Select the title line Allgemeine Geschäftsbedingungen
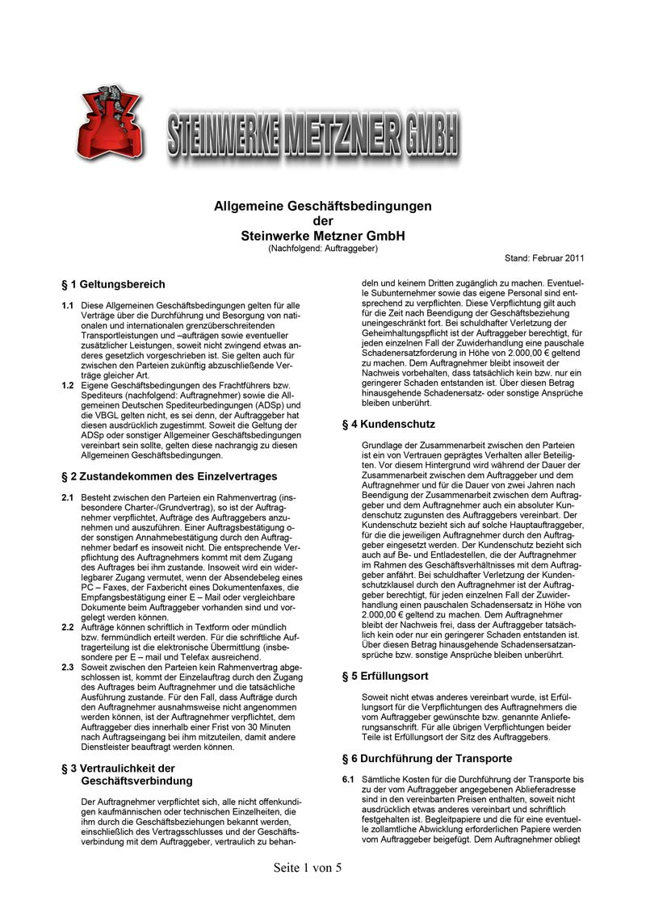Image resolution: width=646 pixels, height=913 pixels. [322, 207]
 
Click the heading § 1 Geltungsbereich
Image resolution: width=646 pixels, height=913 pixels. [113, 284]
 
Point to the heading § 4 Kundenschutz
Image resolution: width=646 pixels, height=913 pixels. [388, 424]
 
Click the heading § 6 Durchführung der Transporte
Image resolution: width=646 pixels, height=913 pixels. [427, 759]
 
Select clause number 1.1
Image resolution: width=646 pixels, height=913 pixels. [68, 306]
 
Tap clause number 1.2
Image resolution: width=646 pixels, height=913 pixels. [68, 385]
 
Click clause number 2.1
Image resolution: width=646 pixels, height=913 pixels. [68, 498]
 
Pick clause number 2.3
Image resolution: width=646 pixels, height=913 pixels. [68, 668]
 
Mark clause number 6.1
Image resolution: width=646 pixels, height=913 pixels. [349, 780]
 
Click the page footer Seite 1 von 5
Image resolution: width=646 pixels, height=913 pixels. [308, 868]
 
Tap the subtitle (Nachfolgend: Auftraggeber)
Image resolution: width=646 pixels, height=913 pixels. [322, 247]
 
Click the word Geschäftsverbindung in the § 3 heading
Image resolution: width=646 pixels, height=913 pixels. [137, 781]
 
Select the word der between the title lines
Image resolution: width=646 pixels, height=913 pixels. [322, 221]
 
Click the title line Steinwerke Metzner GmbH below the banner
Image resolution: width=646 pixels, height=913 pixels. [322, 236]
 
